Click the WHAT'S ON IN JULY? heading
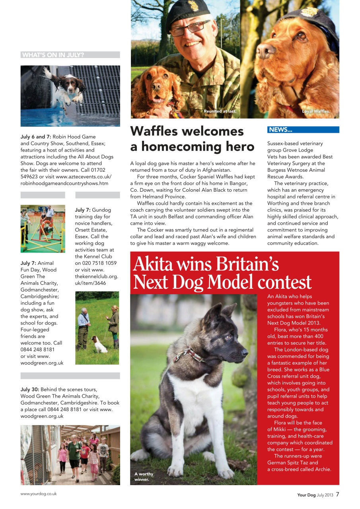click(53, 55)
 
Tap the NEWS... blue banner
click(280, 130)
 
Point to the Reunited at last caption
click(220, 111)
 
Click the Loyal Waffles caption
click(316, 111)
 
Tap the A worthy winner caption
click(144, 476)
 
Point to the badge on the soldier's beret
click(193, 6)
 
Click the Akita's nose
click(245, 352)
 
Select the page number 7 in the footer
click(337, 495)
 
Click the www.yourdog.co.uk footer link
click(39, 493)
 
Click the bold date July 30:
click(29, 390)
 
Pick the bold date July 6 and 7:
click(36, 137)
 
